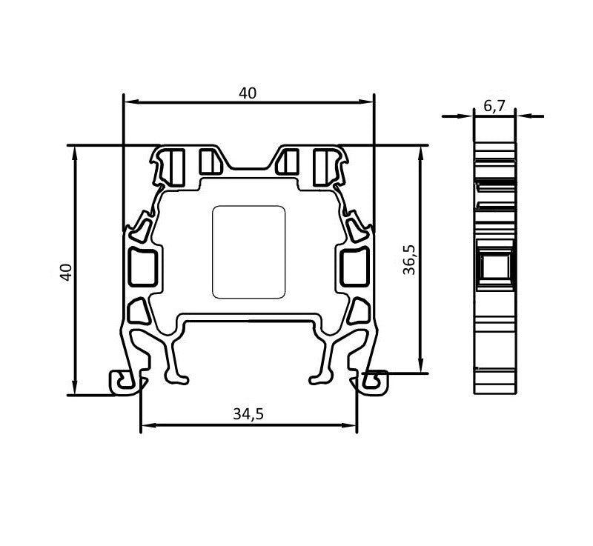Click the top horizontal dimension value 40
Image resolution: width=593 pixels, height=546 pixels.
pos(248,93)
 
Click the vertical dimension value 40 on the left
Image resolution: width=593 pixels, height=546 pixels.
pos(66,271)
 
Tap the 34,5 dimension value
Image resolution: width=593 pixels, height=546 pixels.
pos(248,415)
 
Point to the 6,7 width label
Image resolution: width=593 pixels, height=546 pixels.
pos(494,106)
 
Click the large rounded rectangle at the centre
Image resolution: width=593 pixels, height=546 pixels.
pos(249,252)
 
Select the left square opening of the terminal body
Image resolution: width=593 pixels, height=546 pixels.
pos(142,267)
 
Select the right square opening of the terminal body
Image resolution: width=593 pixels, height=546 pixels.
pos(354,267)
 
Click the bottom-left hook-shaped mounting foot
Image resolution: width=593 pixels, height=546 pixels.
pos(126,382)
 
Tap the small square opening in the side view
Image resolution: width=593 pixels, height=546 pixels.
pos(494,268)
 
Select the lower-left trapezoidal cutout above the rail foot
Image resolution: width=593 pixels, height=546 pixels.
pos(139,311)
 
